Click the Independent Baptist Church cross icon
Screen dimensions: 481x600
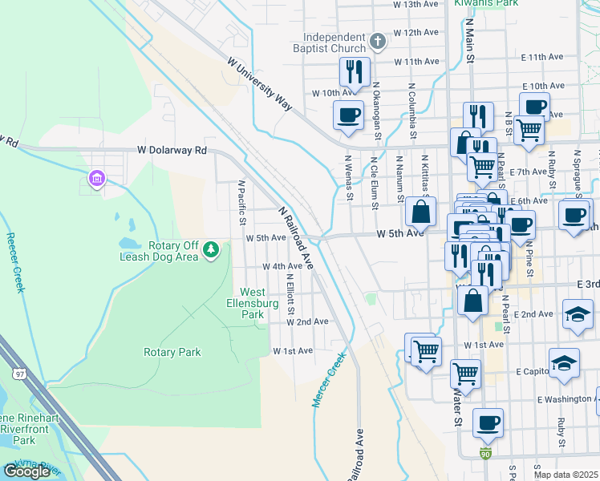click(379, 40)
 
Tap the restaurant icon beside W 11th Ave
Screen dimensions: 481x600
click(354, 72)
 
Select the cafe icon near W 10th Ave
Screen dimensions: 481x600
click(348, 115)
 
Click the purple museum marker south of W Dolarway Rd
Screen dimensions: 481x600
click(97, 177)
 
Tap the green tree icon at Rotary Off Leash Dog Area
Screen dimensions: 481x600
click(211, 250)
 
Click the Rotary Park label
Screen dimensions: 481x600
click(172, 352)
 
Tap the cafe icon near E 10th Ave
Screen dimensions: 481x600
click(534, 107)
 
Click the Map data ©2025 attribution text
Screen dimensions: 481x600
click(566, 475)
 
